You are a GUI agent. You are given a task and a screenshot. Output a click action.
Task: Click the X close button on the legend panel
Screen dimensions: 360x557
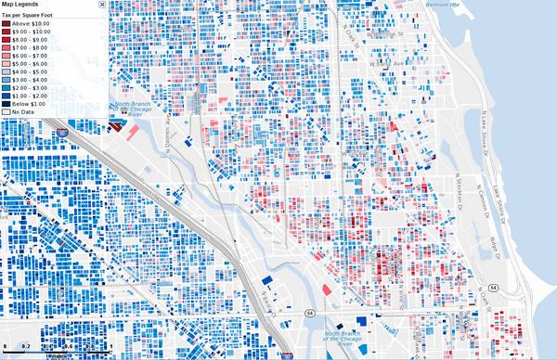102,5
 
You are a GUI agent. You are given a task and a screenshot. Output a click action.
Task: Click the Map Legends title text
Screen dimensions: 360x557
21,5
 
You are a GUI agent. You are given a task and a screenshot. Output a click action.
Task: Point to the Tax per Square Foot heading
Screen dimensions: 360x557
31,16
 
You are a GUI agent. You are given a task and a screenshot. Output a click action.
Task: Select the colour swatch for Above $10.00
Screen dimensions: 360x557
6,25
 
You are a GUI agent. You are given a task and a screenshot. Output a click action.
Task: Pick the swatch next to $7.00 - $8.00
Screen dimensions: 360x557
6,49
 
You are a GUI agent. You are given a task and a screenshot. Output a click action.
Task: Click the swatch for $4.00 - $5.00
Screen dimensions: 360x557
6,72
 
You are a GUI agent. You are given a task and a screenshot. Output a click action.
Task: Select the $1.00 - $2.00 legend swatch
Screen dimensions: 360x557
6,96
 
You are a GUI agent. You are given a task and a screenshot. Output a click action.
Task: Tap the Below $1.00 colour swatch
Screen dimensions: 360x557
6,104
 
